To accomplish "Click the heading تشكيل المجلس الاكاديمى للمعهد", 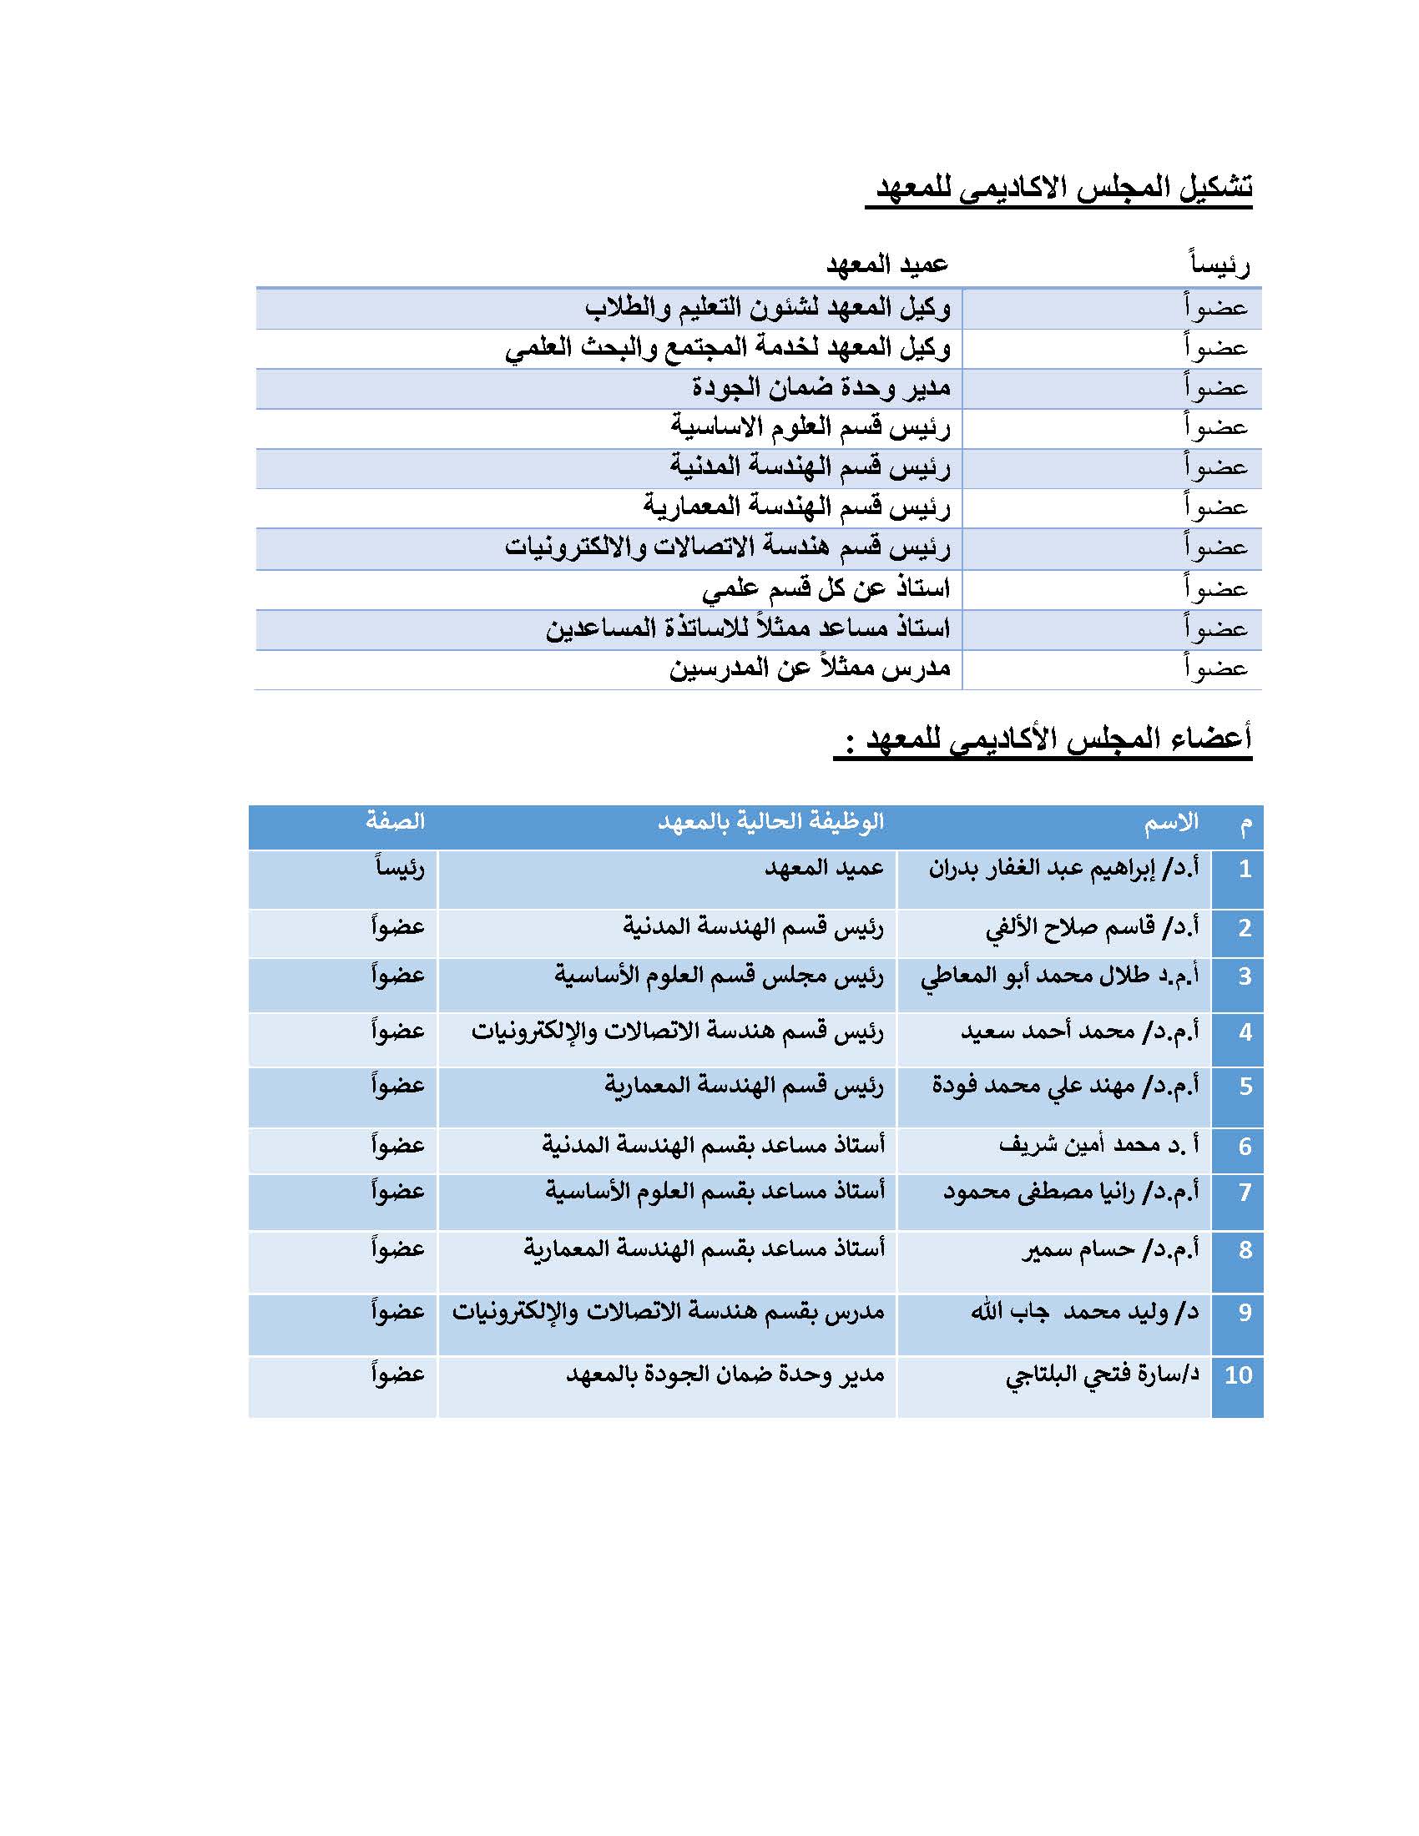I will pyautogui.click(x=1063, y=186).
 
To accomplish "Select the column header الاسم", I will pyautogui.click(x=1170, y=823).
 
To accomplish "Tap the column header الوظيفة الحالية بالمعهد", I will pyautogui.click(x=770, y=821).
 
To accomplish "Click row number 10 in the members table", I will pyautogui.click(x=1237, y=1374).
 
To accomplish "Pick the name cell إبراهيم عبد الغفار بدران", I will pyautogui.click(x=1063, y=868).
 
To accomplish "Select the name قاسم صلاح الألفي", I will pyautogui.click(x=1092, y=927).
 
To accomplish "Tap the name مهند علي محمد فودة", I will pyautogui.click(x=1065, y=1085).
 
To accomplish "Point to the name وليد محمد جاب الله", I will pyautogui.click(x=1084, y=1311).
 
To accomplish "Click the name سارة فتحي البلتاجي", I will pyautogui.click(x=1102, y=1374).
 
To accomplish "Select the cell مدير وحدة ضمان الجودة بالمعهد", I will pyautogui.click(x=725, y=1374).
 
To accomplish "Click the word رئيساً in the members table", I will pyautogui.click(x=399, y=868).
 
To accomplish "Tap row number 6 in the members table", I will pyautogui.click(x=1245, y=1146).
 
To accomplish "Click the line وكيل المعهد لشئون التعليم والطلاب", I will pyautogui.click(x=767, y=308).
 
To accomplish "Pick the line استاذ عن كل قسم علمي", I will pyautogui.click(x=826, y=588).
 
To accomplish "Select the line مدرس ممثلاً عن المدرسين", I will pyautogui.click(x=810, y=668).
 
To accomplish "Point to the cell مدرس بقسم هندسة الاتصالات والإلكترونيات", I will pyautogui.click(x=669, y=1311).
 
